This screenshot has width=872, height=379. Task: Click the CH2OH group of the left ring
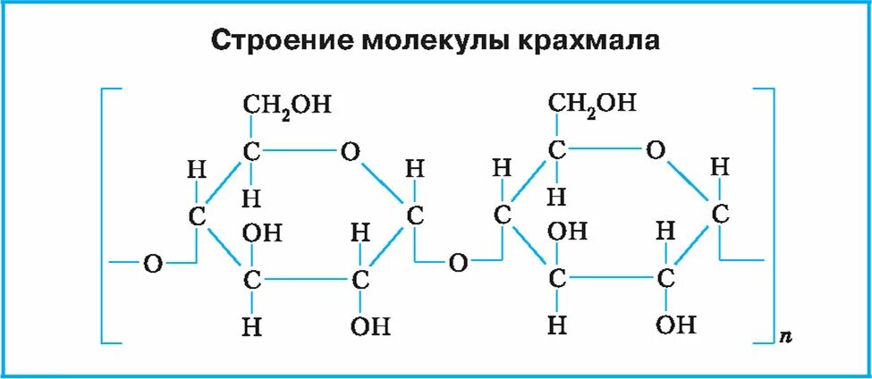[x=288, y=105]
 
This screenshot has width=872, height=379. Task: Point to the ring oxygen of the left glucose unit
[x=350, y=152]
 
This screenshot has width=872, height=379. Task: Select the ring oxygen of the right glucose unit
[x=656, y=150]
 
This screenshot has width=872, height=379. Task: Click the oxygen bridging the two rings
[x=458, y=263]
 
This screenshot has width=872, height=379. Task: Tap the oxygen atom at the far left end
[x=153, y=264]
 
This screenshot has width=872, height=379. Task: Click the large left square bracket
[x=106, y=215]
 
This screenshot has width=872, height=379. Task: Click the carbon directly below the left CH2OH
[x=252, y=153]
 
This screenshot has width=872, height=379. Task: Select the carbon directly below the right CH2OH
[x=557, y=151]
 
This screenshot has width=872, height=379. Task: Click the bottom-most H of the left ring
[x=252, y=326]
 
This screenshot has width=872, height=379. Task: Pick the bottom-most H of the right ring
[x=557, y=325]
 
